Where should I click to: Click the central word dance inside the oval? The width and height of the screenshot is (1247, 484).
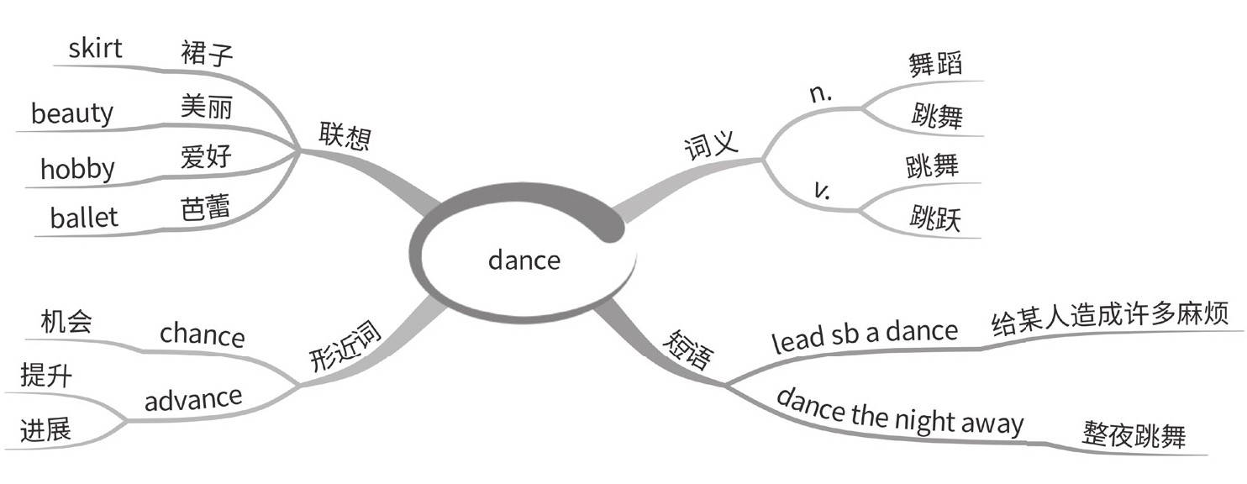click(x=524, y=260)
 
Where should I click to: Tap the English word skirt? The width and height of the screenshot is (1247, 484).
click(x=95, y=48)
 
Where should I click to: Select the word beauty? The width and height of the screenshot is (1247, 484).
click(x=72, y=113)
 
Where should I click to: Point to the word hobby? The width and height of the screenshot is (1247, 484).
click(x=77, y=169)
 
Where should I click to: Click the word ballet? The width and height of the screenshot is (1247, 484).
click(x=84, y=218)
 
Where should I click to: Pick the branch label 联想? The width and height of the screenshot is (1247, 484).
click(x=345, y=134)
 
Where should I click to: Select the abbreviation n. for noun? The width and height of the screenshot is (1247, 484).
click(x=819, y=94)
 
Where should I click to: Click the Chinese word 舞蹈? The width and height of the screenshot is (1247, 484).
click(x=934, y=64)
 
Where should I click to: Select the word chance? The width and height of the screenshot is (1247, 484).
click(x=203, y=335)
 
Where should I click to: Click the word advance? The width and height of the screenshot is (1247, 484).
click(x=193, y=398)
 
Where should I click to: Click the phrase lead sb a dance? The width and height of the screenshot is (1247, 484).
click(x=865, y=334)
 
